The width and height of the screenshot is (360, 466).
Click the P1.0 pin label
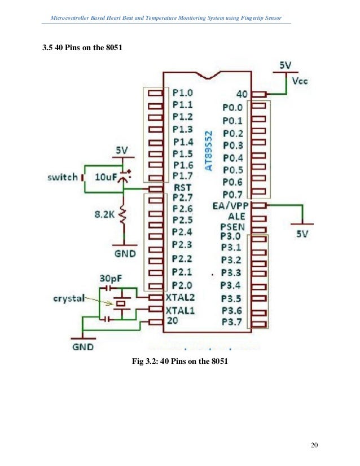(183, 92)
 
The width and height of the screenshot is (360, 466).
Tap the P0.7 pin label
(233, 195)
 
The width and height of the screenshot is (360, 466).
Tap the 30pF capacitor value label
(112, 279)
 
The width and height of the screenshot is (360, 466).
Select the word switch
(63, 177)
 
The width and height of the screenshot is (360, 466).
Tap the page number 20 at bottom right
(314, 446)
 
